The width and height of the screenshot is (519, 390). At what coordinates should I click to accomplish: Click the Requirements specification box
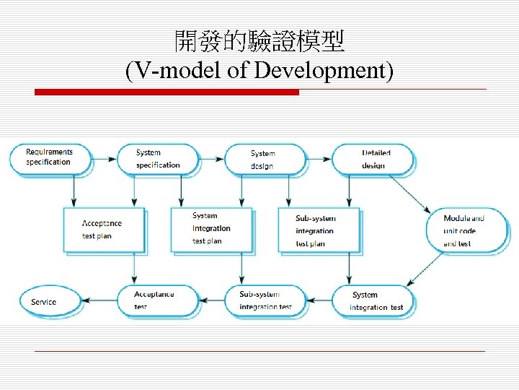50,158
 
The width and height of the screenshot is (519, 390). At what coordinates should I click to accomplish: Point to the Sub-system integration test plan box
318,230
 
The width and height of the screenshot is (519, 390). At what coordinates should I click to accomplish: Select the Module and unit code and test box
467,230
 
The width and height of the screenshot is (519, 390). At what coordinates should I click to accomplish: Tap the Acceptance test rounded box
156,300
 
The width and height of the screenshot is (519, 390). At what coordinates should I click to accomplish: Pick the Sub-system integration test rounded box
265,300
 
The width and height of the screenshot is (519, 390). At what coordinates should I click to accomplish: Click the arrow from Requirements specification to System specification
105,158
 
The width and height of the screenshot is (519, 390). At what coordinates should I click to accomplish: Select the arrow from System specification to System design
212,158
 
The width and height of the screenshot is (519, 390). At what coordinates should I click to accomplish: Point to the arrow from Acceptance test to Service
97,301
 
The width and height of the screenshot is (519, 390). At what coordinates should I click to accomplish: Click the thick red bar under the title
167,92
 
